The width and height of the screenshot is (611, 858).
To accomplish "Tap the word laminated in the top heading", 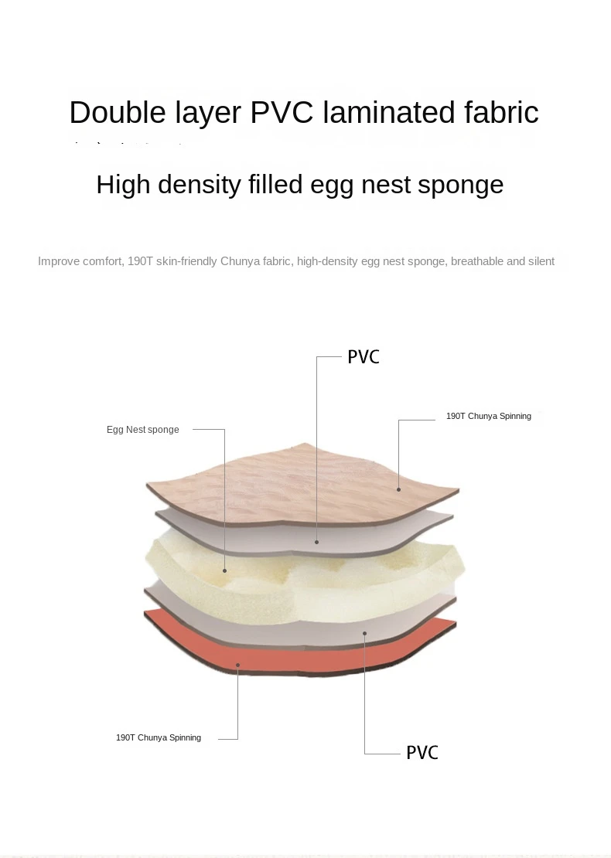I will [389, 113].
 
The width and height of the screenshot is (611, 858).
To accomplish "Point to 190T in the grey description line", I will [140, 261].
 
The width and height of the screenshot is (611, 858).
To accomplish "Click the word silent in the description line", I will [541, 261].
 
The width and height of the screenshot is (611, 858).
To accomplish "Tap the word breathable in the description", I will [476, 261].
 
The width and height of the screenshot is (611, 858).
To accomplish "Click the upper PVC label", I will [364, 357].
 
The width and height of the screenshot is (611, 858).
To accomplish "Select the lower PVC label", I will [422, 752].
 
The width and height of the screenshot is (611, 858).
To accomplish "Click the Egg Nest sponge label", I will [142, 430].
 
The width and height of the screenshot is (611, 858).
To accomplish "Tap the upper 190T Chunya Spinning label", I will [488, 416].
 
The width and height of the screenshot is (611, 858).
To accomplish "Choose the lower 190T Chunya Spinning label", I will [159, 737].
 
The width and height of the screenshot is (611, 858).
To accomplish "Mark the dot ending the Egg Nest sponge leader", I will [225, 571].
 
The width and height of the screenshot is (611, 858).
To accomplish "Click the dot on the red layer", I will [238, 665].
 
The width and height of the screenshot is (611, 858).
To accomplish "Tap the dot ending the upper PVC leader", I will [317, 542].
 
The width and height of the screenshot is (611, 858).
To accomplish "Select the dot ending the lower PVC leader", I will [364, 632].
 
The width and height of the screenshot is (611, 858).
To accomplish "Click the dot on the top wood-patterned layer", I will [399, 489].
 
